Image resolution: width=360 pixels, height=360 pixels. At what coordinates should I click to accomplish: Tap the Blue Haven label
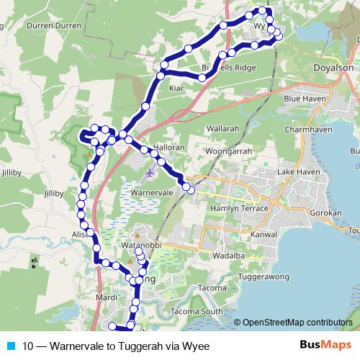pos(307,98)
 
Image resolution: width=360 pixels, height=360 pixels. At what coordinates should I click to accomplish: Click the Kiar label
pos(176,88)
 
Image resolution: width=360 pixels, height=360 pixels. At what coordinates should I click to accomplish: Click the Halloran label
pos(168,146)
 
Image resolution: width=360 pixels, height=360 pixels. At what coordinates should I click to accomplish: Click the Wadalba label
pos(230,254)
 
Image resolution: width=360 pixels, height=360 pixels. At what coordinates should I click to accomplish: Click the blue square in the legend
pos(11,346)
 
